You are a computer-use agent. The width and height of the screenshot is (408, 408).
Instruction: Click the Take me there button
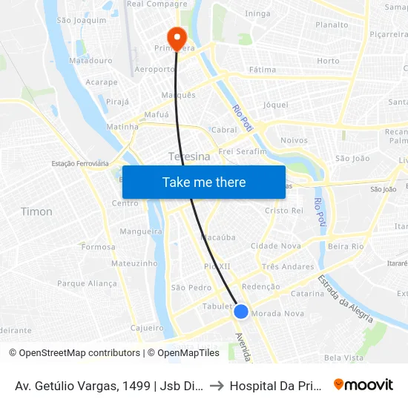tap(204, 182)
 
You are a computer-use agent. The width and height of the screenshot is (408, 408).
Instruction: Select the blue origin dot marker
tap(241, 312)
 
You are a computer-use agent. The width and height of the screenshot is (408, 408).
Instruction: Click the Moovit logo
tap(363, 384)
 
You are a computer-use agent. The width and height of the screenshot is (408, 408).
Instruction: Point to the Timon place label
tap(36, 211)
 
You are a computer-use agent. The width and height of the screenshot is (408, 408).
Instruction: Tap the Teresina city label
tap(189, 157)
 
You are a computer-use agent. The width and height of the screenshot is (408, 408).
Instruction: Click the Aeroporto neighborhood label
tap(156, 69)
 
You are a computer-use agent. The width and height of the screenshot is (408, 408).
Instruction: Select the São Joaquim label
tap(77, 20)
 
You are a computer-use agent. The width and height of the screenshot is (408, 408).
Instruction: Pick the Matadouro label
tap(90, 60)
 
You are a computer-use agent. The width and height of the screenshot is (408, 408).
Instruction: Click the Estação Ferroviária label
tap(80, 163)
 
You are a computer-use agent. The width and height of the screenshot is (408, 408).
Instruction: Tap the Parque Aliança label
tap(87, 283)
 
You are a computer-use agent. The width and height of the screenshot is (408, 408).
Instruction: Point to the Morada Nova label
tap(278, 314)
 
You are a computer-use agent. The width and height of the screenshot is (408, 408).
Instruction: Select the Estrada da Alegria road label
tap(345, 299)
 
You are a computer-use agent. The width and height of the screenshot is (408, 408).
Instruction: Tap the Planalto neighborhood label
tap(332, 24)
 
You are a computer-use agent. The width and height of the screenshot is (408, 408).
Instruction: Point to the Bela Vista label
tap(343, 358)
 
